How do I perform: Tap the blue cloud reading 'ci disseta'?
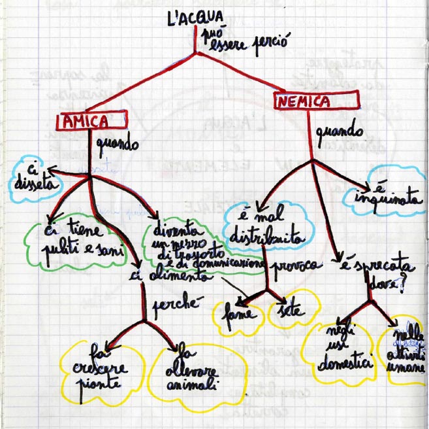pyautogui.click(x=35, y=178)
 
